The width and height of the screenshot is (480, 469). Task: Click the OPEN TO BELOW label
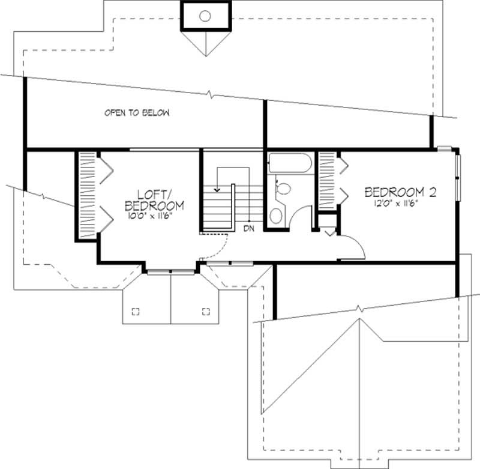[137, 113]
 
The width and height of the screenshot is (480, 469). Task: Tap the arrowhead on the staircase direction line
[217, 190]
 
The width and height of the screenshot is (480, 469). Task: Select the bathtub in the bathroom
[289, 163]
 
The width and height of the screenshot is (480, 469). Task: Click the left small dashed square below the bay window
[136, 310]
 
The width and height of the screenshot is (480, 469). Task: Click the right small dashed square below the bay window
[206, 310]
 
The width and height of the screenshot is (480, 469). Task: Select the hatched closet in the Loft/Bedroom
[88, 195]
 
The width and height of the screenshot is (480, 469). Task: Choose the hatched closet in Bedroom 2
[326, 180]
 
